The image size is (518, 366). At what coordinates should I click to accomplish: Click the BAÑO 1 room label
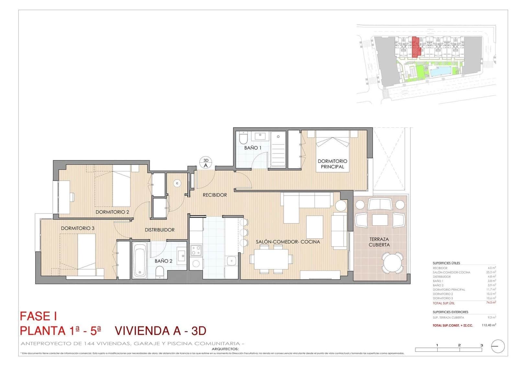253,148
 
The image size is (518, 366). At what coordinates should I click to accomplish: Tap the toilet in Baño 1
243,138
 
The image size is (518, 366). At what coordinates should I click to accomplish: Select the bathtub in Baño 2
140,261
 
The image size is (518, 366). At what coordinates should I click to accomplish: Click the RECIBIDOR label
215,195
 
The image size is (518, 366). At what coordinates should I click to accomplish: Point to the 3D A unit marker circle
206,163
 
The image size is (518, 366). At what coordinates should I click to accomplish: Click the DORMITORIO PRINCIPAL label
332,164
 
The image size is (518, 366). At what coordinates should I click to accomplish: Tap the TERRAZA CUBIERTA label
379,242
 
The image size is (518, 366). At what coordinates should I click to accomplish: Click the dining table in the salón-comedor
271,259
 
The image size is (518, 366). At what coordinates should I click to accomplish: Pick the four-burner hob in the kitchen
196,250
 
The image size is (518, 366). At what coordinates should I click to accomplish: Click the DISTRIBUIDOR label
160,230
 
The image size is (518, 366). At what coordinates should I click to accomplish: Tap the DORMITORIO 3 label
78,228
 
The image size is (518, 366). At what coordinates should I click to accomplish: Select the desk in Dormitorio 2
64,197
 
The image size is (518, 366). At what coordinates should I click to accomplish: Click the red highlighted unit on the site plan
415,47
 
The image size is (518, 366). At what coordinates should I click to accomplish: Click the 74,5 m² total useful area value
491,303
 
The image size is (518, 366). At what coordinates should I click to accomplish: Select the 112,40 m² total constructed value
489,325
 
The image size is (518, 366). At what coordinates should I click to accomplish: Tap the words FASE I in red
39,316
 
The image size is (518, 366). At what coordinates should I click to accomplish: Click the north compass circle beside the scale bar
498,346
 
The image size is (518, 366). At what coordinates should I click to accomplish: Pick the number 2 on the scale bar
459,345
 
